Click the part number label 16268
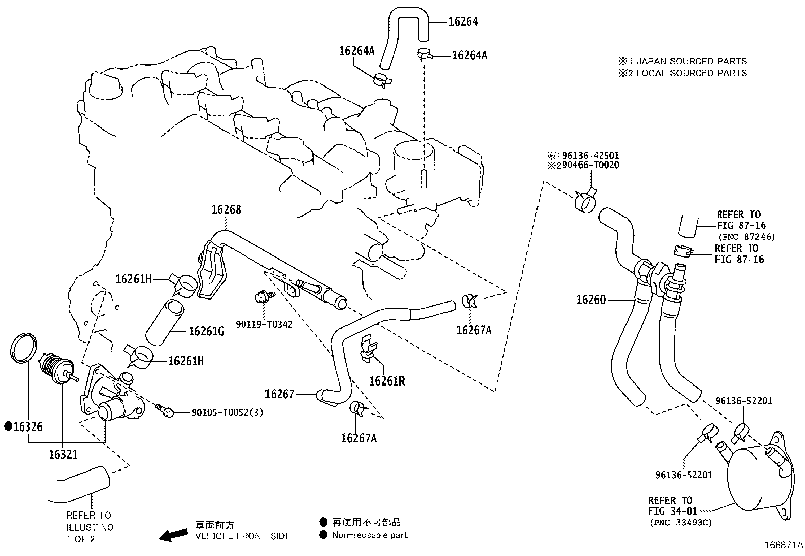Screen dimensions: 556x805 226,210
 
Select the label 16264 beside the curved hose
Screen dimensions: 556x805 463,21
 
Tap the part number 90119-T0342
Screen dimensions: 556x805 263,323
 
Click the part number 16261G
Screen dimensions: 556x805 206,331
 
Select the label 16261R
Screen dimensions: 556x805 387,381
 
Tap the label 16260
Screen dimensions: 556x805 591,300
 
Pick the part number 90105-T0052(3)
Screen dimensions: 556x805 228,413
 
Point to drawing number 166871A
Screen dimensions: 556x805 783,545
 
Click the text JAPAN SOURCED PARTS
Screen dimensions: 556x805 691,61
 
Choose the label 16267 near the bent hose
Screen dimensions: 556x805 280,394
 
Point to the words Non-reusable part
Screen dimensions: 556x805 369,535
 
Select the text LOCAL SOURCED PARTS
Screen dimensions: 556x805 691,73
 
